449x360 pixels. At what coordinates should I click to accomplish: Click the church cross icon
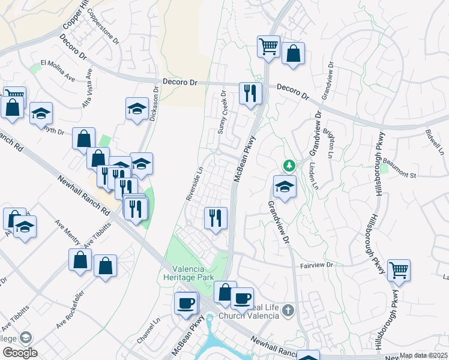point(289,310)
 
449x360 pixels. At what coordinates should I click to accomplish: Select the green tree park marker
point(289,165)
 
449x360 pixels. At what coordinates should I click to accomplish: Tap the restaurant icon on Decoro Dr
point(249,93)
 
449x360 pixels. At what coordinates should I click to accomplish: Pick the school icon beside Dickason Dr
point(137,109)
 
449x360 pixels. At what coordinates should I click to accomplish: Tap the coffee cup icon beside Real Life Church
point(242,298)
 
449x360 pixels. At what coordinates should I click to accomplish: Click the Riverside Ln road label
point(194,183)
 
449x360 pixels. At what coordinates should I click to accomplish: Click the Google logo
point(19,353)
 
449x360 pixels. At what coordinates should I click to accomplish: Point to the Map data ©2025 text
point(424,356)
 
